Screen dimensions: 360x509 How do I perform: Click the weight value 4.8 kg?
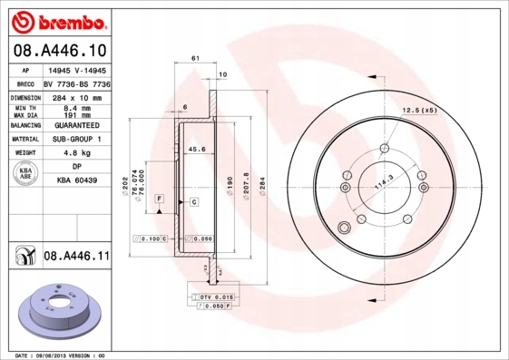(77, 153)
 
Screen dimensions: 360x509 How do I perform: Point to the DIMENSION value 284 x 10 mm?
(79, 96)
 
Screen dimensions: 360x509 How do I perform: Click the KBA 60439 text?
(78, 180)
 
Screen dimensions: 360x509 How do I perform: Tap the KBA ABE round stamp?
(24, 174)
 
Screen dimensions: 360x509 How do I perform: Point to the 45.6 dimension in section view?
(196, 149)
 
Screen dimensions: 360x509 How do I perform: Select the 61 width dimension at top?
(195, 58)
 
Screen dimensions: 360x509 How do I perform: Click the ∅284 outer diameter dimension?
(262, 187)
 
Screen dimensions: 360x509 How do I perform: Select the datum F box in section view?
(159, 198)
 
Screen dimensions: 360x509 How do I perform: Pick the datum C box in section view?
(193, 200)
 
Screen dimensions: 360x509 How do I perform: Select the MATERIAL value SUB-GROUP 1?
(79, 139)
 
